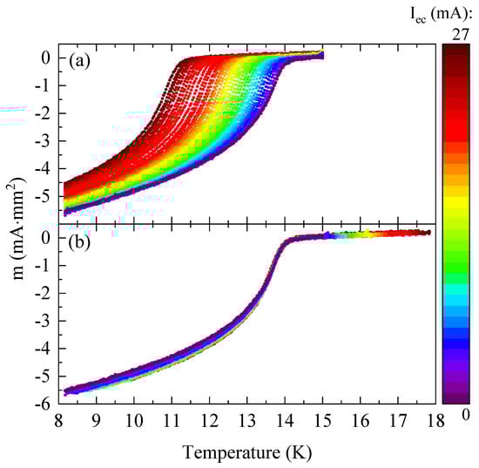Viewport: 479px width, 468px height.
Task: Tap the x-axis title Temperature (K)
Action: (x=248, y=453)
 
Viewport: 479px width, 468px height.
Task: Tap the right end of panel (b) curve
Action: (x=428, y=232)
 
